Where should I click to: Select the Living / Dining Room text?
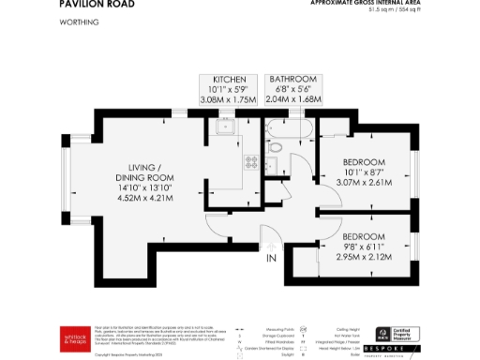tap(145, 170)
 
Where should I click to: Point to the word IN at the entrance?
tap(272, 258)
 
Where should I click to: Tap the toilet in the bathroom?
tap(275, 147)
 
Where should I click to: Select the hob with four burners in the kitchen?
tap(252, 161)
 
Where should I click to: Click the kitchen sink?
tap(225, 128)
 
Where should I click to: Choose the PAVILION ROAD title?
tap(97, 5)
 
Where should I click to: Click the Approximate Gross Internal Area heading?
tap(368, 3)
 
